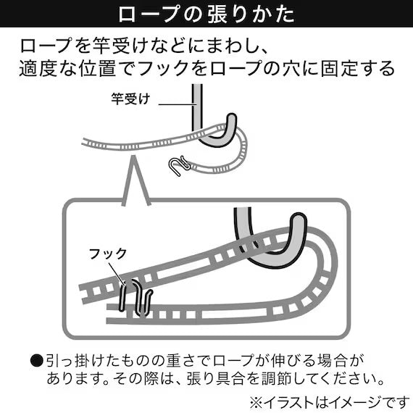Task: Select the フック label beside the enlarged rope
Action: [107, 254]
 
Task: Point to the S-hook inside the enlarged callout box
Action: [134, 297]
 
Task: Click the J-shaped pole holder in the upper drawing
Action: [210, 130]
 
